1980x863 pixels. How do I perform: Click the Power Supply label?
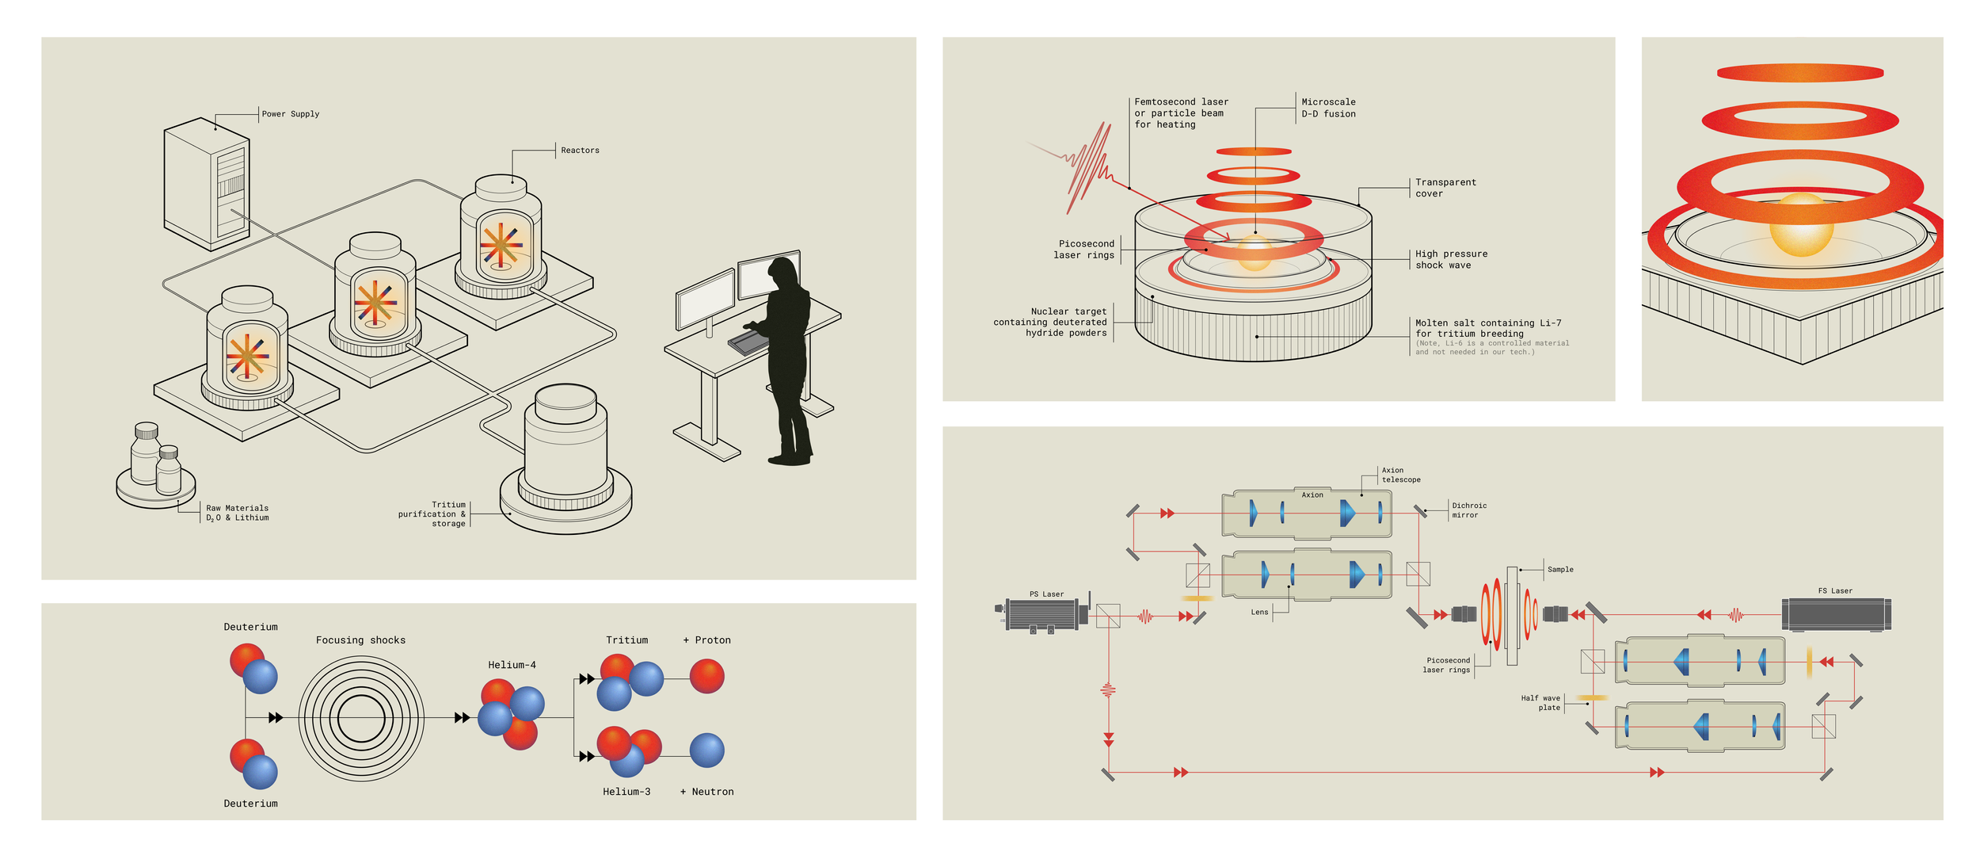click(x=291, y=114)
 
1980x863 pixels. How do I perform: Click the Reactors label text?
click(x=580, y=151)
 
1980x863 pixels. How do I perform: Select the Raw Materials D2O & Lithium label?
click(x=237, y=513)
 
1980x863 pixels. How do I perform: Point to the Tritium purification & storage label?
click(x=432, y=514)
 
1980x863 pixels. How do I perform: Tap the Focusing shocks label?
click(x=360, y=640)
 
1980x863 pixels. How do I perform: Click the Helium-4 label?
click(x=512, y=665)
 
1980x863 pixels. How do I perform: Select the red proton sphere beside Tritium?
click(x=706, y=676)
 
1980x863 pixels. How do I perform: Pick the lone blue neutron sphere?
click(x=706, y=750)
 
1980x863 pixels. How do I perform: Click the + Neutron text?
click(x=706, y=792)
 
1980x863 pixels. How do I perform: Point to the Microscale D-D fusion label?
click(x=1328, y=108)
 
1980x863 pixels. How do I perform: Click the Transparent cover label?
click(x=1445, y=188)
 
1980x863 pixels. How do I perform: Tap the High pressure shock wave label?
click(x=1451, y=260)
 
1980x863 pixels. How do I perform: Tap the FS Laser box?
click(x=1835, y=613)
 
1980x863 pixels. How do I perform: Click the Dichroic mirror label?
click(x=1469, y=510)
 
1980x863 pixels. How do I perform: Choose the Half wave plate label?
click(x=1540, y=703)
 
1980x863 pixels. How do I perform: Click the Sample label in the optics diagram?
click(x=1559, y=570)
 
